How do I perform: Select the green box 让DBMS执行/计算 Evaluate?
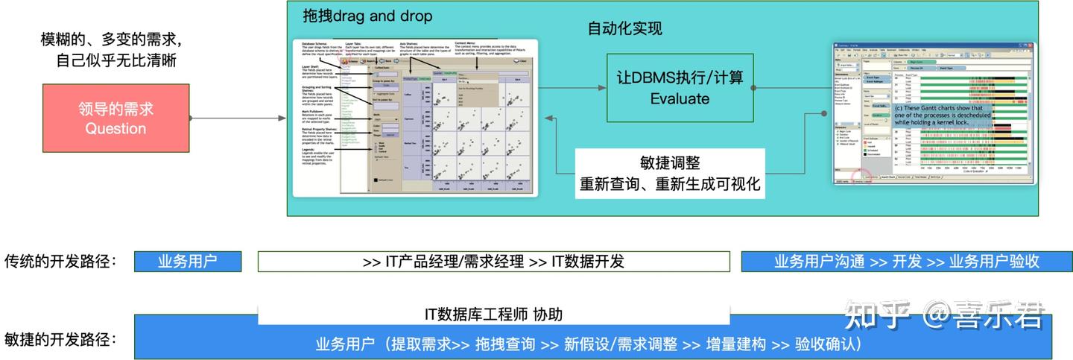(x=680, y=87)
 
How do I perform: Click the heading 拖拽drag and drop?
(x=367, y=16)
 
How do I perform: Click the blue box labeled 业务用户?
(x=188, y=262)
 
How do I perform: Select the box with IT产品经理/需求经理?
(x=493, y=262)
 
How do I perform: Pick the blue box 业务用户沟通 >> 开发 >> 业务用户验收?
(x=906, y=262)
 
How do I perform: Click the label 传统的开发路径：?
(x=61, y=262)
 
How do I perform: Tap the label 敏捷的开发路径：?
(x=61, y=340)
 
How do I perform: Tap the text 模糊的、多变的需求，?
(x=112, y=39)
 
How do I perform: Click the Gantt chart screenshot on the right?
(x=934, y=113)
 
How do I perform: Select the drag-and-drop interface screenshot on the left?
(x=414, y=117)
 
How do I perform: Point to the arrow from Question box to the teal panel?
(x=238, y=119)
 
